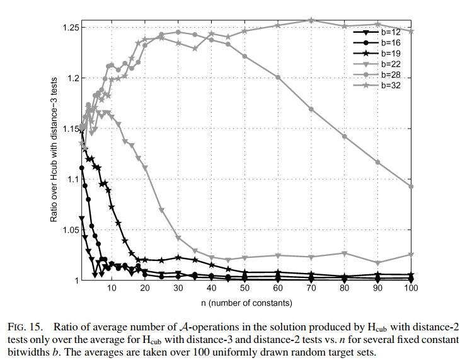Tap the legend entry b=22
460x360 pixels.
(x=389, y=64)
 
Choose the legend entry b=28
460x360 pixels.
(x=389, y=74)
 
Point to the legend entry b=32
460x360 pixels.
(x=389, y=84)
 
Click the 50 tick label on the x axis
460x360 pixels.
(x=245, y=288)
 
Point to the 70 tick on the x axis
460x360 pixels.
(x=311, y=288)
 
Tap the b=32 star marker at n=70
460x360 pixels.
(x=311, y=20)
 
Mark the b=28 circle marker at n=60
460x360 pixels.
(x=278, y=77)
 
